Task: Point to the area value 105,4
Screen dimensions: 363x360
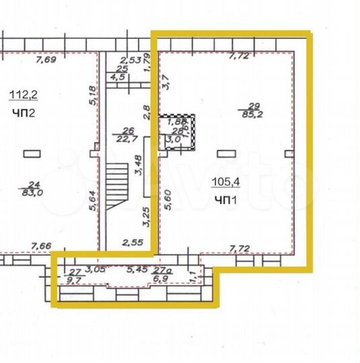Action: pos(225,182)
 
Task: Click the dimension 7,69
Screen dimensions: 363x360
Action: pos(46,60)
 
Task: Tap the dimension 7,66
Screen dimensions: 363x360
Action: pos(42,247)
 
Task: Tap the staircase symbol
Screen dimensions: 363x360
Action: pos(116,188)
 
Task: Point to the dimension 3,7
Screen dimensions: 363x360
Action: pos(166,82)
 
